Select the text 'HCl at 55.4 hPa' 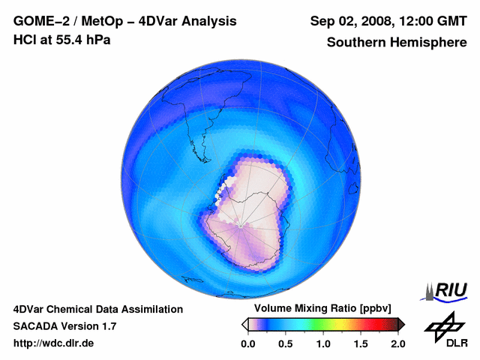coord(61,40)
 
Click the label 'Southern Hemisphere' coord(397,42)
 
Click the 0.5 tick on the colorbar coord(286,343)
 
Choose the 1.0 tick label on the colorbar coord(323,343)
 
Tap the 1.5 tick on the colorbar coord(361,343)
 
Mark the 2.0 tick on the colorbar coord(397,343)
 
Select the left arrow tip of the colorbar coord(244,324)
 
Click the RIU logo coord(445,289)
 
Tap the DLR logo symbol coord(445,325)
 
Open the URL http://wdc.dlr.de coord(54,343)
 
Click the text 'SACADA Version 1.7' coord(64,326)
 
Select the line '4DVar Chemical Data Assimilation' coord(97,309)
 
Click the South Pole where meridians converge coord(239,224)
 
